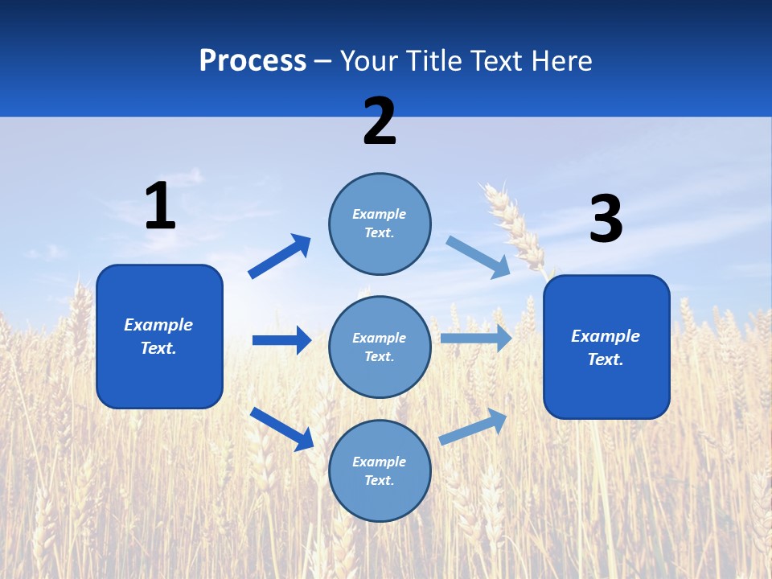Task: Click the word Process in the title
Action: coord(253,60)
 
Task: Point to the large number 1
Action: coord(159,206)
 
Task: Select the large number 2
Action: coord(380,121)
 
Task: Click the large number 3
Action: coord(606,220)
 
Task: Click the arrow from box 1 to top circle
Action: coord(280,257)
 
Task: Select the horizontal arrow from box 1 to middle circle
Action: coord(281,340)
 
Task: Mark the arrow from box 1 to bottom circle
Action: coord(281,429)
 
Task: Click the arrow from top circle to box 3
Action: coord(478,257)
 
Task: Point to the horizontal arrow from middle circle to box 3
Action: coord(476,338)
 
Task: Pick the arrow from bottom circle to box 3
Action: coord(473,426)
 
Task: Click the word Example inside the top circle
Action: coord(380,214)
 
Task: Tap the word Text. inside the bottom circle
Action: coord(380,480)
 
